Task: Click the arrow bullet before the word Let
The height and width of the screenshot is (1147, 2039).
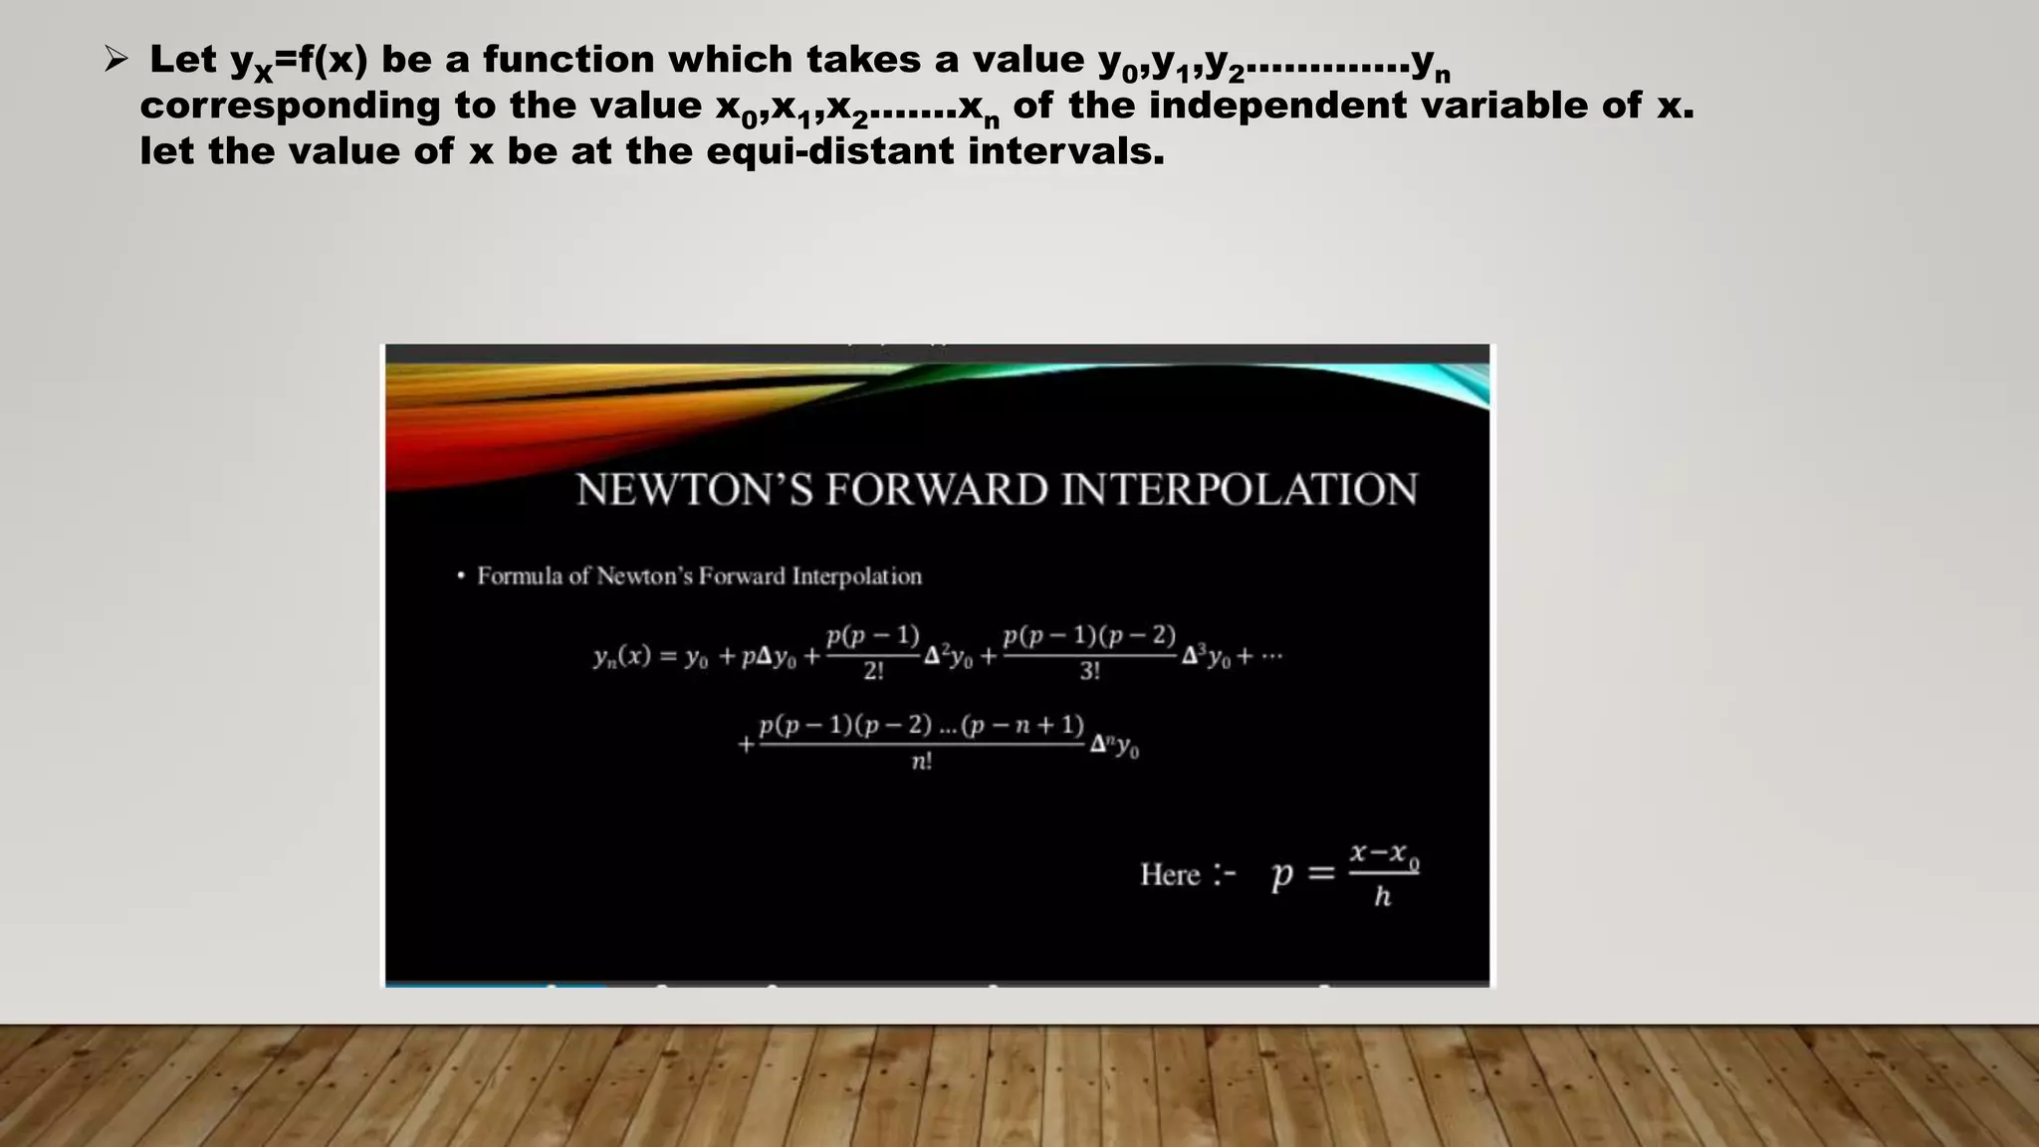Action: (115, 61)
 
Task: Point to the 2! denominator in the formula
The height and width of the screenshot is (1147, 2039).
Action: (873, 672)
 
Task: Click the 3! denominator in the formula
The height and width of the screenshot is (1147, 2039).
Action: (1089, 672)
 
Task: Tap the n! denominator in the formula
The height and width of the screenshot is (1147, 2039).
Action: (922, 763)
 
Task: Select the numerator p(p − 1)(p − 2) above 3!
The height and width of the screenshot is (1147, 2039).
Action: (1089, 635)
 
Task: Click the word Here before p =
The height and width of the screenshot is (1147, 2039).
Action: (1170, 875)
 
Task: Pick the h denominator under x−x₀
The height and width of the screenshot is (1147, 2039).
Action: (1382, 897)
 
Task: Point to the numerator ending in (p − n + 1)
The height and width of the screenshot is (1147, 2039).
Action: (921, 725)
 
